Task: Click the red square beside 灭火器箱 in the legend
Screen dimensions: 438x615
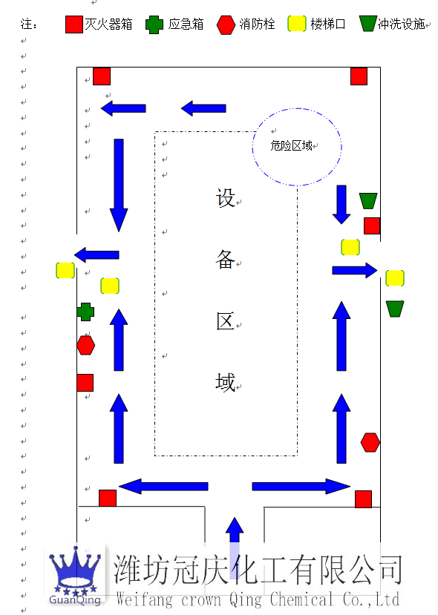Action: click(x=73, y=24)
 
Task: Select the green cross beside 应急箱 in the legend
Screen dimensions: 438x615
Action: click(x=154, y=24)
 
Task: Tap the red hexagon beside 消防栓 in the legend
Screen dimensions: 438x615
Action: click(x=226, y=25)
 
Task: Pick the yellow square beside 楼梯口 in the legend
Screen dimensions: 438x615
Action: click(x=297, y=24)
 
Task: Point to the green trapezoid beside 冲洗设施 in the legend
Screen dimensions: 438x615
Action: click(x=367, y=24)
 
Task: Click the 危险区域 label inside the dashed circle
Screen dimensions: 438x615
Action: click(x=291, y=146)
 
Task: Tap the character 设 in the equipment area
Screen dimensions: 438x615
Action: click(x=225, y=197)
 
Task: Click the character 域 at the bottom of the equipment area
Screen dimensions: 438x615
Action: click(x=225, y=382)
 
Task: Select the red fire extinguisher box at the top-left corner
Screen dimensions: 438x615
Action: click(x=102, y=76)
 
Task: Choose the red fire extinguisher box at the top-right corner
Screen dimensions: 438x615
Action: click(x=359, y=76)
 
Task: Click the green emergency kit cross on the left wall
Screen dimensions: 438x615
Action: click(x=85, y=312)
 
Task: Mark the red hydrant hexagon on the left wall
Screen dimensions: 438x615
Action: click(x=85, y=345)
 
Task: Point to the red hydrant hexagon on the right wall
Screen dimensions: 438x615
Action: click(x=370, y=442)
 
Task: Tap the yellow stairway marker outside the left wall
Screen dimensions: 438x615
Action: click(x=65, y=270)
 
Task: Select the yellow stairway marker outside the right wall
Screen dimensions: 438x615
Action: click(x=395, y=278)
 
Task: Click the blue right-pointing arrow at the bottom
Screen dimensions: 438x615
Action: click(x=301, y=487)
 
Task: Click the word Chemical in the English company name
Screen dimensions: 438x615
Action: click(x=301, y=599)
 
